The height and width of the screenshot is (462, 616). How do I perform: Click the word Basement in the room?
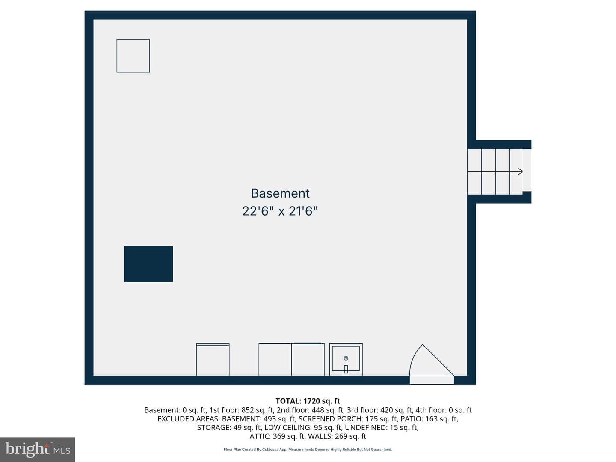point(280,193)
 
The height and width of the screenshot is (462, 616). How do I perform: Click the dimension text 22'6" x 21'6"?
point(280,211)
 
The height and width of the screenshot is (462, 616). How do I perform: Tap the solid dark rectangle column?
point(148,264)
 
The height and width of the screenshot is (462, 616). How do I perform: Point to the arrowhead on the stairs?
point(520,172)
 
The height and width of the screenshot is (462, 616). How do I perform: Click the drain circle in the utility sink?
point(346,358)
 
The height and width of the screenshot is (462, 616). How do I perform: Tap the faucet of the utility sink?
point(346,369)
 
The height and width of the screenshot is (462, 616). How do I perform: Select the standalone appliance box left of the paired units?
point(213,359)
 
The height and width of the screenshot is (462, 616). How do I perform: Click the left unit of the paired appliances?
point(275,359)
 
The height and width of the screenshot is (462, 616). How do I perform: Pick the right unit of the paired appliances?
point(308,359)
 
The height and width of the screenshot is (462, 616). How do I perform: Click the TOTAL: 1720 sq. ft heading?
point(308,401)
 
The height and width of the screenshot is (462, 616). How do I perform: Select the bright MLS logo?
point(38,450)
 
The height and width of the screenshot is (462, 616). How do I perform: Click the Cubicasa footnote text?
point(308,449)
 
